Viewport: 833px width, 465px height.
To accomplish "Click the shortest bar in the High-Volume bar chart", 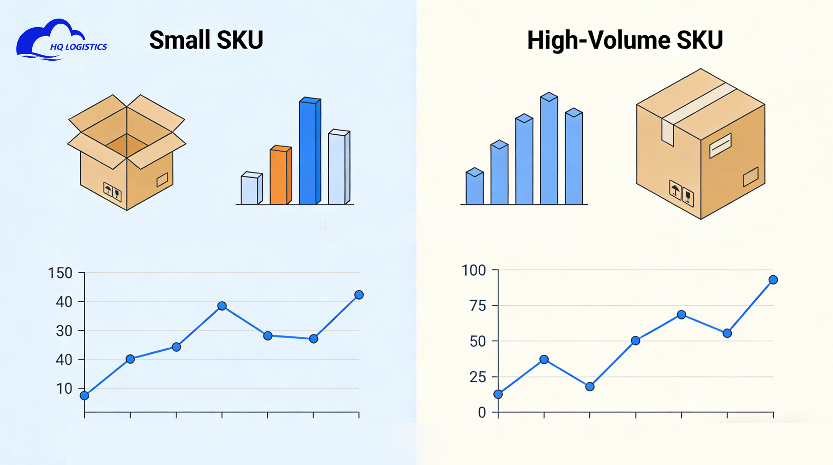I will point(474,187).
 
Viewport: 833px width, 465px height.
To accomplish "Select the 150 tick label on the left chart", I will point(60,273).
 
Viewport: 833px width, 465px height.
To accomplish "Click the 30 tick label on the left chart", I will point(64,331).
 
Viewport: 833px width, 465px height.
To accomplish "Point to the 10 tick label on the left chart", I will point(64,388).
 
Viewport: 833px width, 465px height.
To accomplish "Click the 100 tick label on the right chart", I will point(474,270).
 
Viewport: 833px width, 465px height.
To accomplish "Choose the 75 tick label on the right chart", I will point(478,306).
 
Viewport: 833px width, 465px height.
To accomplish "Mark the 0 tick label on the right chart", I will point(482,412).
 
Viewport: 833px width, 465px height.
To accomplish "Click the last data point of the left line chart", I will point(359,295).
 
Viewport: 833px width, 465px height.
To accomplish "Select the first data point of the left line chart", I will point(84,396).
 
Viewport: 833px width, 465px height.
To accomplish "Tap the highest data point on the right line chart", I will point(773,280).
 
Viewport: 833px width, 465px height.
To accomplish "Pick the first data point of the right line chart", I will point(498,394).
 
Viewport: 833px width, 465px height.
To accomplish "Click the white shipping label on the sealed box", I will point(720,146).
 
